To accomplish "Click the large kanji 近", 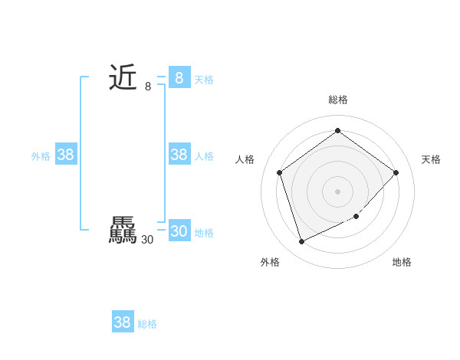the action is (123, 77).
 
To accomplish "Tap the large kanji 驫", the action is (123, 231).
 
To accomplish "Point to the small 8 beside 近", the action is (148, 87).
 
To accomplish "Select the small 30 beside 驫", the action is (148, 240).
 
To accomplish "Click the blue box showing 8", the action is (179, 77).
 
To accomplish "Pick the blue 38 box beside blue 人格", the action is (179, 155).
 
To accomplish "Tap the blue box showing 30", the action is (179, 231).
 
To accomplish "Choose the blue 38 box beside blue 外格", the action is (66, 155).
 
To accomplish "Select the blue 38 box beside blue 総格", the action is (123, 322).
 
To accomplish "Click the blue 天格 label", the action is (204, 80).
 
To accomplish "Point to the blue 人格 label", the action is (204, 156).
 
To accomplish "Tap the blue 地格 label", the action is (204, 233).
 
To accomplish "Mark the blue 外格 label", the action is (41, 156).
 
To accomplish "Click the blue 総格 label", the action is (147, 324).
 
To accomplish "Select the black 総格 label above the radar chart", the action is (338, 100).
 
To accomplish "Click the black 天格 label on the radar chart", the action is (431, 159).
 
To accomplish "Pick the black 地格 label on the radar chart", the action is (402, 262).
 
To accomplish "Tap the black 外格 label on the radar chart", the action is (270, 262).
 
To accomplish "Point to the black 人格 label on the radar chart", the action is (245, 159).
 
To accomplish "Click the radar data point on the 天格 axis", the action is (396, 172).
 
